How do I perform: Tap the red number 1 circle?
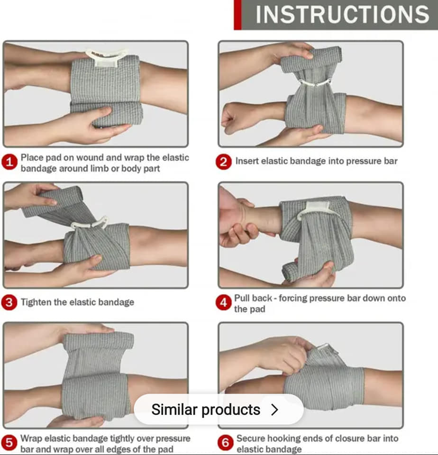click(9, 162)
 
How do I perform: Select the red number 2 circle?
click(223, 162)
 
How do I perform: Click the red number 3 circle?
click(9, 302)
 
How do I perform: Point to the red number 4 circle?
click(223, 302)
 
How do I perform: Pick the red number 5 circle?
click(9, 443)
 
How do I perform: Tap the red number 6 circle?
click(225, 443)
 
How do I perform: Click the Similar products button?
click(219, 409)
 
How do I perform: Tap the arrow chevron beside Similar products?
click(274, 409)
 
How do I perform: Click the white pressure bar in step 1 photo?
click(107, 58)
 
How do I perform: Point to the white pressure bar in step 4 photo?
click(317, 209)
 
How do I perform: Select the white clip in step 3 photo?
click(90, 223)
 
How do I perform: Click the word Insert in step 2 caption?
click(246, 161)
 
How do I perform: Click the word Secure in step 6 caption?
click(250, 438)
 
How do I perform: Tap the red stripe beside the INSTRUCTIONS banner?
click(237, 15)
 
